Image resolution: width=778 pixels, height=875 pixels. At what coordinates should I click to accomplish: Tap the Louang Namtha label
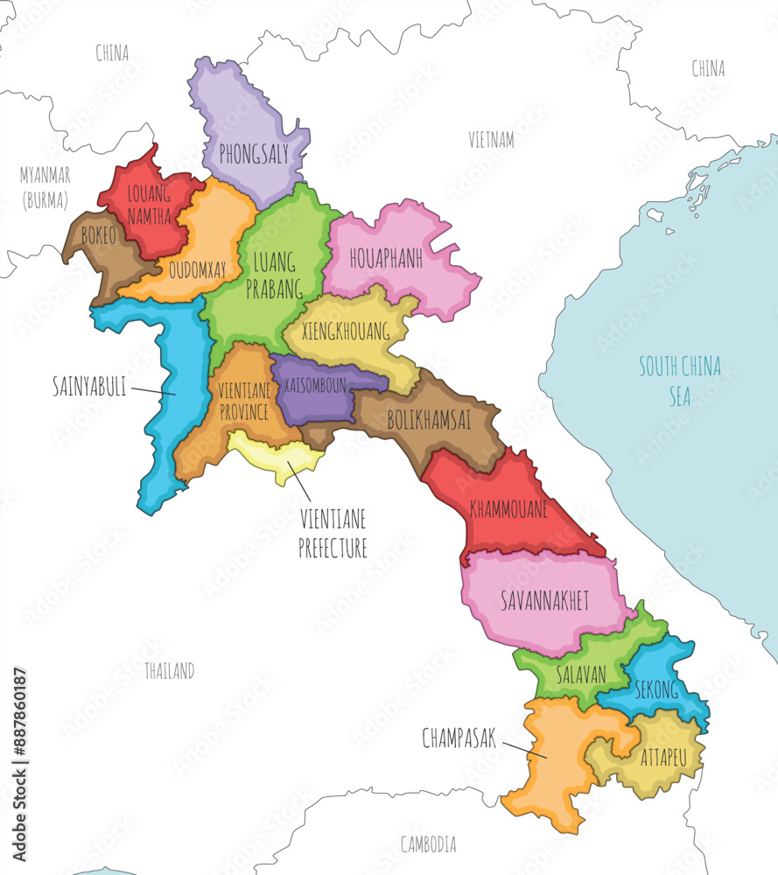(149, 206)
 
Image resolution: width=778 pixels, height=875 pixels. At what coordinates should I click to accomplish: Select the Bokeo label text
(97, 235)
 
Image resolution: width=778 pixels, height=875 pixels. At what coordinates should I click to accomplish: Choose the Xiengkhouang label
(346, 332)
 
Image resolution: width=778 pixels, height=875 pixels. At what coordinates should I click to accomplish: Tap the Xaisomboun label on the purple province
(310, 384)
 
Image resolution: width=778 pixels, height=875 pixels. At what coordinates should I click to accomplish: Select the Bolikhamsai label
(429, 421)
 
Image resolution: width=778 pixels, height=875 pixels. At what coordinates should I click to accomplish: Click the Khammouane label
(508, 508)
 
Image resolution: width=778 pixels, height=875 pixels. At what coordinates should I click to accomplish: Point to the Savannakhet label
(544, 600)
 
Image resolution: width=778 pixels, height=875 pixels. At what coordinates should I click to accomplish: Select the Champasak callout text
(459, 738)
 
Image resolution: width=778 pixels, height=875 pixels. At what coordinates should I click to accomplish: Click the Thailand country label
(169, 671)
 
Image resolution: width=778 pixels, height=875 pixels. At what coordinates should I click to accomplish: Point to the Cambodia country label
(428, 844)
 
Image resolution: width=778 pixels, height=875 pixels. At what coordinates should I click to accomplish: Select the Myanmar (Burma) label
(46, 187)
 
